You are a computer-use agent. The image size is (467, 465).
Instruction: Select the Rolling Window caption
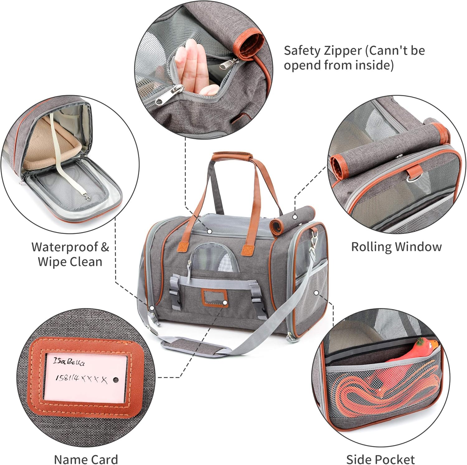coord(396,247)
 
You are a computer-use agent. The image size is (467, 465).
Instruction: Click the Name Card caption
coord(86,459)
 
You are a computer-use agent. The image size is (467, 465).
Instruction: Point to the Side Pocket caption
coord(380,459)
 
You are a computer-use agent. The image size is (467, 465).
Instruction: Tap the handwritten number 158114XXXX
coord(81,379)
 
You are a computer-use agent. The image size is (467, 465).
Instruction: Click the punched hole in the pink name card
coord(116,380)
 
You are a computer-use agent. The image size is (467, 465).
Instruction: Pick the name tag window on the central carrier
coord(214,296)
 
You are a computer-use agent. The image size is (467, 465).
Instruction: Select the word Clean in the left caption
coord(86,262)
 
